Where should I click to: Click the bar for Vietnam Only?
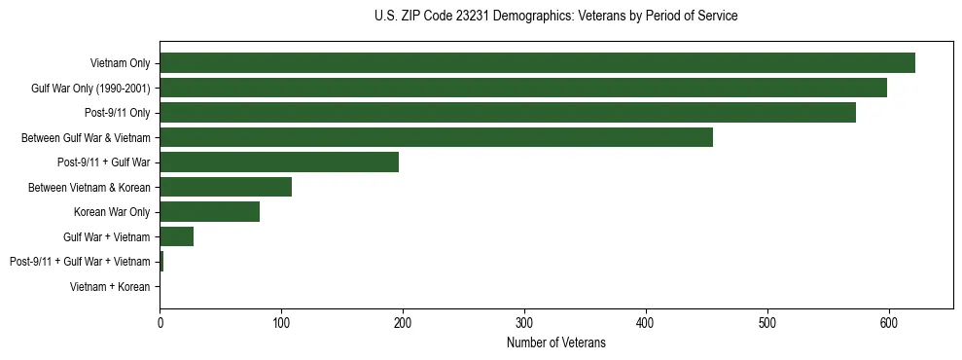pyautogui.click(x=537, y=63)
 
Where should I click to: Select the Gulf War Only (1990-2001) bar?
pyautogui.click(x=523, y=89)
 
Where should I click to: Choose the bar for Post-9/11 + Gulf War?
pyautogui.click(x=279, y=162)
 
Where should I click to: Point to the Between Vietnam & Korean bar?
pyautogui.click(x=226, y=187)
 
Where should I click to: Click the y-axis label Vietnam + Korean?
pyautogui.click(x=110, y=287)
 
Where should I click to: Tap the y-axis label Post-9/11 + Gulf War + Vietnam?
pyautogui.click(x=80, y=262)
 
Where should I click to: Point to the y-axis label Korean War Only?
pyautogui.click(x=112, y=212)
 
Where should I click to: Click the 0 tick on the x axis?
pyautogui.click(x=160, y=324)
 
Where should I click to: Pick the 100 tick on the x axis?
pyautogui.click(x=281, y=324)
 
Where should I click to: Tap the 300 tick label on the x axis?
pyautogui.click(x=524, y=324)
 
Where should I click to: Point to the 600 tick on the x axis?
pyautogui.click(x=888, y=324)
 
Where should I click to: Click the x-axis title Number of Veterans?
pyautogui.click(x=555, y=343)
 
